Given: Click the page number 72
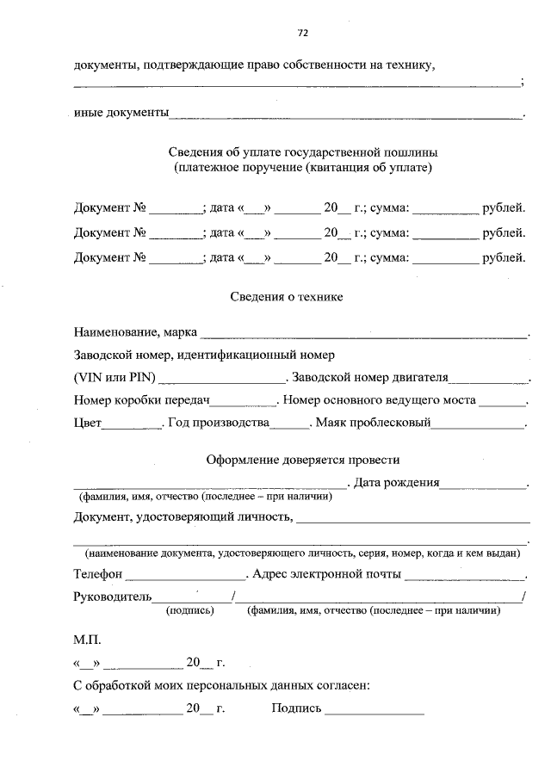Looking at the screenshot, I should coord(302,34).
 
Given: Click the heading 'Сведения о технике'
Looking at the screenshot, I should coord(287,296).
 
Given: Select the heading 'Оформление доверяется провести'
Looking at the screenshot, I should coord(302,461).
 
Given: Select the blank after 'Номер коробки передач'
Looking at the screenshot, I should coord(243,402).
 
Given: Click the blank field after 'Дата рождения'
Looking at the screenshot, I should coord(483,485).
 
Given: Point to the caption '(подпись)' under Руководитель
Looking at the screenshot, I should coord(189,610).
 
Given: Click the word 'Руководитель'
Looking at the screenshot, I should coord(112,597).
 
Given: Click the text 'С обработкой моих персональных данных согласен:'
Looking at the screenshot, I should coord(222,686).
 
